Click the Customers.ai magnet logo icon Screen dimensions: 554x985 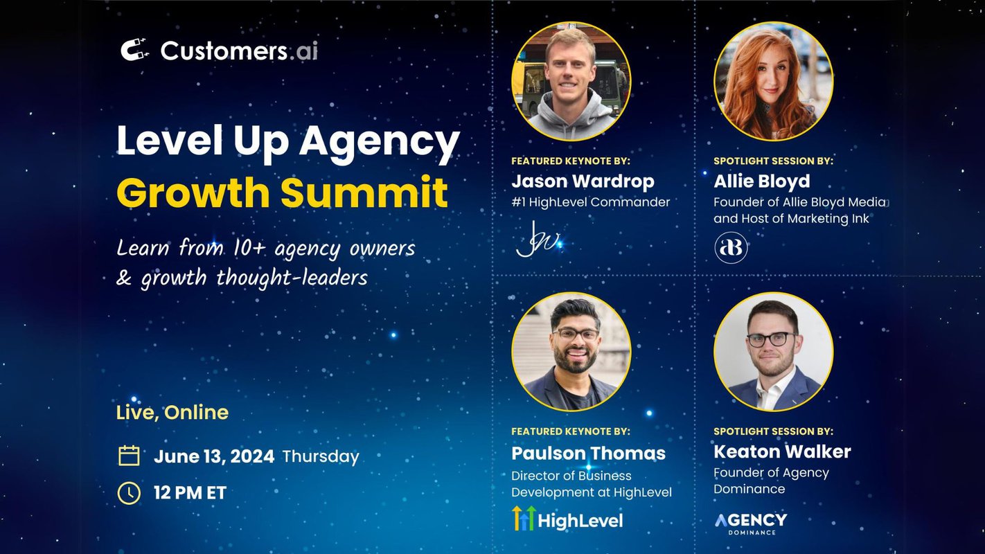pos(134,50)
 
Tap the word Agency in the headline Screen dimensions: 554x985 pos(380,141)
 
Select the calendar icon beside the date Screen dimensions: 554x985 pos(129,456)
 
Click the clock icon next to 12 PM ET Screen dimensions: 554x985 pos(129,493)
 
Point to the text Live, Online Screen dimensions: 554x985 pos(172,413)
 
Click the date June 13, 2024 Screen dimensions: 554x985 pos(214,456)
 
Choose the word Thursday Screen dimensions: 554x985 pos(321,457)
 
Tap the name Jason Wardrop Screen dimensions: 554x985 pos(583,181)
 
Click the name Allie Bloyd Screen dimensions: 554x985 pos(761,181)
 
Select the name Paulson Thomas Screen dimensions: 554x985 pos(588,454)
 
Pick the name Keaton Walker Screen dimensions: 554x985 pos(782,452)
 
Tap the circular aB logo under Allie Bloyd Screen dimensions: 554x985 pos(731,248)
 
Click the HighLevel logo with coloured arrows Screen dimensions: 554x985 pos(567,519)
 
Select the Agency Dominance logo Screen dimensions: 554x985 pos(750,522)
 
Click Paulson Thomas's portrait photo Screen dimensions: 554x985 pos(571,352)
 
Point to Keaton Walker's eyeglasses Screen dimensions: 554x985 pos(770,339)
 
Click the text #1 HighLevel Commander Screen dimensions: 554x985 pos(590,202)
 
